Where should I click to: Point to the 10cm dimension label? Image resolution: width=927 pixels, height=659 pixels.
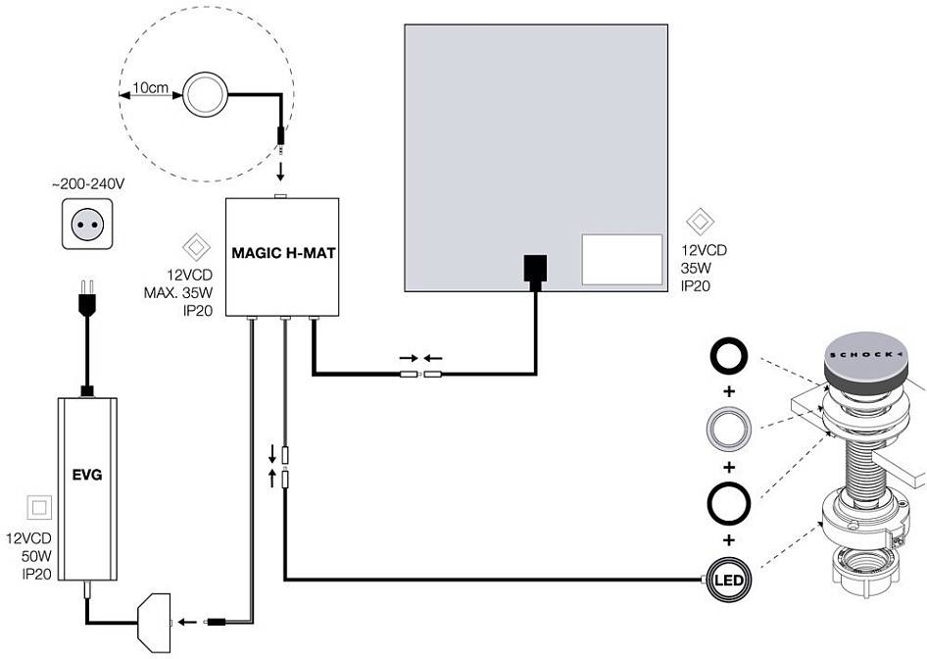click(x=150, y=88)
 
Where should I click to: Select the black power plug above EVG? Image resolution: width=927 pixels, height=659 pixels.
click(x=86, y=299)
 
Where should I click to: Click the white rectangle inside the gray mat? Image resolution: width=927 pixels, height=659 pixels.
click(x=621, y=260)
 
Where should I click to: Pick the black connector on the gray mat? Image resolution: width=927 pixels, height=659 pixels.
click(x=535, y=269)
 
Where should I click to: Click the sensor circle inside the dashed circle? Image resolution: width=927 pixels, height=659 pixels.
click(x=206, y=94)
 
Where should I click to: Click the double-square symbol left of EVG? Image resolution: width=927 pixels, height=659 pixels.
click(x=40, y=508)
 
